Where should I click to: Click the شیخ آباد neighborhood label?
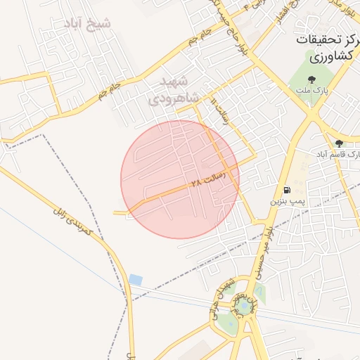pyautogui.click(x=92, y=23)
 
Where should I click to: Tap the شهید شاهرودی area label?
pyautogui.click(x=174, y=89)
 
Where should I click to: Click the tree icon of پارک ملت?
pyautogui.click(x=312, y=79)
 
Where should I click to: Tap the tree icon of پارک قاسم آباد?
pyautogui.click(x=339, y=143)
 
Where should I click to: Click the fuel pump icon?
pyautogui.click(x=287, y=190)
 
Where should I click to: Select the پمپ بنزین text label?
pyautogui.click(x=288, y=201)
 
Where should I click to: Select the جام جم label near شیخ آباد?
pyautogui.click(x=109, y=88)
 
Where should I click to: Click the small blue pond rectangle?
pyautogui.click(x=136, y=280)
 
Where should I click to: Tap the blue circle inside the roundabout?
pyautogui.click(x=244, y=306)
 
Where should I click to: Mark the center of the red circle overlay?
pyautogui.click(x=180, y=179)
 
